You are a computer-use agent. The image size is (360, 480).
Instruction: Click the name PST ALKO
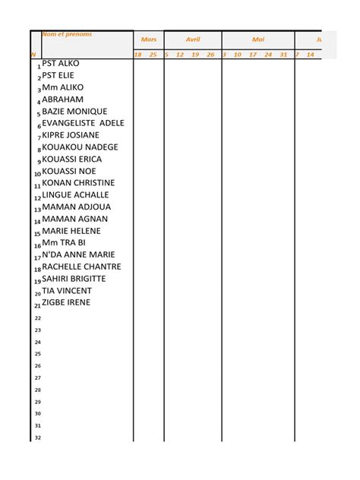pyautogui.click(x=61, y=64)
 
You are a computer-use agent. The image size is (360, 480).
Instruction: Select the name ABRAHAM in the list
pyautogui.click(x=63, y=99)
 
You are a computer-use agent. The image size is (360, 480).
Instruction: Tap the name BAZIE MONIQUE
pyautogui.click(x=74, y=112)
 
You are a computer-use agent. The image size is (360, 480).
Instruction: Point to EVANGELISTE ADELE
pyautogui.click(x=83, y=123)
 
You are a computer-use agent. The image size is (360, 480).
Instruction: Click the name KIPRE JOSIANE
pyautogui.click(x=71, y=135)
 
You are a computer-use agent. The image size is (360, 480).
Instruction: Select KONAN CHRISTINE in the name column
pyautogui.click(x=78, y=183)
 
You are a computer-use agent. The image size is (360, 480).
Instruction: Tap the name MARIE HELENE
pyautogui.click(x=71, y=231)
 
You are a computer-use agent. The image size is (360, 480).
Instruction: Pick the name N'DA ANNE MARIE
pyautogui.click(x=78, y=254)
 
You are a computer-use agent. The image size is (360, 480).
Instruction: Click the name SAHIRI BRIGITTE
pyautogui.click(x=74, y=279)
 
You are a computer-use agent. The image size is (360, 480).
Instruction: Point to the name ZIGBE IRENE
pyautogui.click(x=66, y=302)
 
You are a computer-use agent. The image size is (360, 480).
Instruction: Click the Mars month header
pyautogui.click(x=148, y=39)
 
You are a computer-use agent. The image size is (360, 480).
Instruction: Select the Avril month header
pyautogui.click(x=193, y=39)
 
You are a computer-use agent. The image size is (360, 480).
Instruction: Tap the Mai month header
pyautogui.click(x=258, y=39)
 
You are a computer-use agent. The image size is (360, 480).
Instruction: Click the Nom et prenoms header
pyautogui.click(x=67, y=34)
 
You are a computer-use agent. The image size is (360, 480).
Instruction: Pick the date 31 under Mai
pyautogui.click(x=283, y=55)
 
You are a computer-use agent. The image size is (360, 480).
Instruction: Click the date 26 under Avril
pyautogui.click(x=211, y=55)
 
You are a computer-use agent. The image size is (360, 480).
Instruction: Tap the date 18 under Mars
pyautogui.click(x=138, y=55)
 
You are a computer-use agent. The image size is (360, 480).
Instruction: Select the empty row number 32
pyautogui.click(x=38, y=437)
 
